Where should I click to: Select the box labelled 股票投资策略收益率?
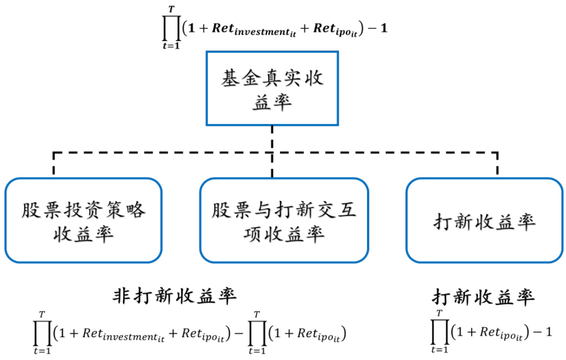coord(83,220)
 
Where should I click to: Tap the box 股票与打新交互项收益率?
coord(284,220)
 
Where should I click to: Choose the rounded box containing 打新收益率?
coord(484,220)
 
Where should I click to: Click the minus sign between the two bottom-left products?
coord(238,334)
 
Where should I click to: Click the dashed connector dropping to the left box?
coord(53,164)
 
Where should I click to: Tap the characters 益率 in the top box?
coord(272,103)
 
